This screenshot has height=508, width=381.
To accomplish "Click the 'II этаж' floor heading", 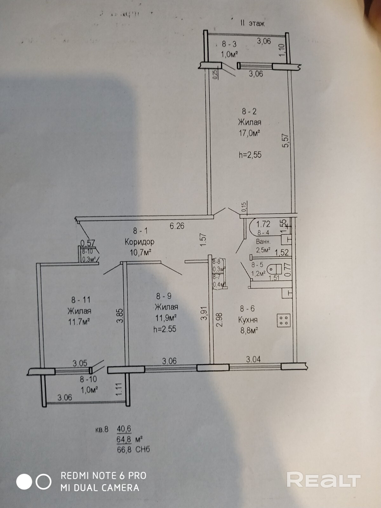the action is coord(252,23).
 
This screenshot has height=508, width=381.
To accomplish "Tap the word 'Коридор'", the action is coord(139,242).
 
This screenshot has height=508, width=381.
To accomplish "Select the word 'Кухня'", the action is coord(248,320).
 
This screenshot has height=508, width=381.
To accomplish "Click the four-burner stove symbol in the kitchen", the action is coord(284,320).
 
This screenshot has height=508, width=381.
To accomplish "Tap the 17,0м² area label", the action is coord(250,133).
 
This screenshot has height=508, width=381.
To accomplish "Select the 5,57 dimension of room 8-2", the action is coord(285,140).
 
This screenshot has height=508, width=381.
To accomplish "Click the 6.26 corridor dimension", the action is coord(177,226).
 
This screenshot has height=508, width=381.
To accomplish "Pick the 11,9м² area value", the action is coord(166,318).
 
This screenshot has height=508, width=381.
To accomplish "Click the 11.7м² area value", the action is coord(79,322).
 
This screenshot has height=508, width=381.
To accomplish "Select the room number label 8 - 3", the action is coord(229,44).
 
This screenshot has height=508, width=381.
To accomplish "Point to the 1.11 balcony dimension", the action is coord(119,389).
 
